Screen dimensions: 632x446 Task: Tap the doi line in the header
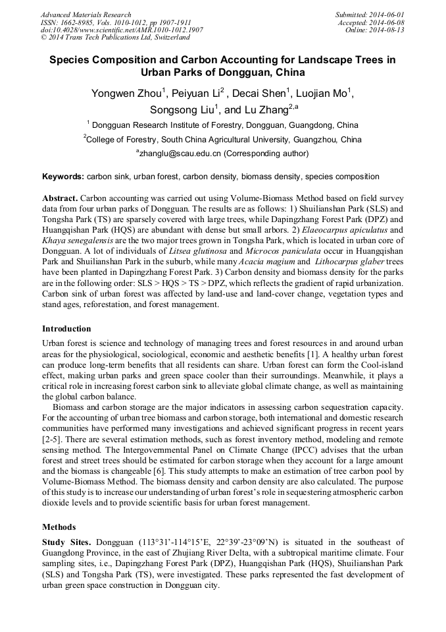pos(122,30)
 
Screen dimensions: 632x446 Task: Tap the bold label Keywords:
pos(63,177)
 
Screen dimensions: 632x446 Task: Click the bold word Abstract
pos(60,198)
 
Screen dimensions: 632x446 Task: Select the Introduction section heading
pos(66,328)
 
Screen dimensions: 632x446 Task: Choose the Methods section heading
pos(58,527)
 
